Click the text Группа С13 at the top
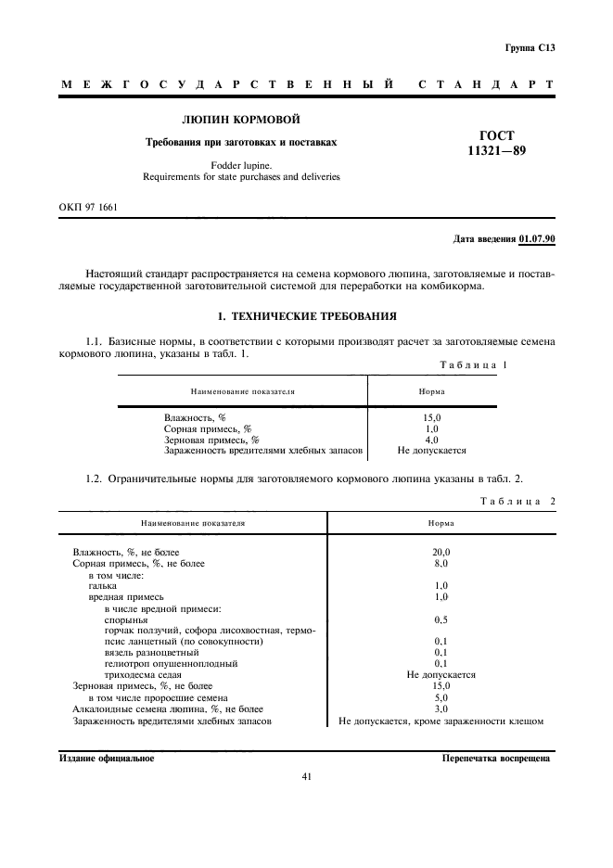click(x=530, y=47)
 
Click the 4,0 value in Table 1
click(x=431, y=440)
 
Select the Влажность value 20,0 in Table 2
click(x=441, y=552)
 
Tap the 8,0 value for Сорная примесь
click(x=441, y=563)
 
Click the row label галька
click(x=103, y=586)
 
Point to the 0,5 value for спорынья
click(x=441, y=619)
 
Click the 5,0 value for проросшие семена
click(x=441, y=697)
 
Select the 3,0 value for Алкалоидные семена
click(x=441, y=708)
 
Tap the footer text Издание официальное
click(x=107, y=758)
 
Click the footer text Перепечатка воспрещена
click(x=497, y=758)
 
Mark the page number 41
click(x=306, y=777)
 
